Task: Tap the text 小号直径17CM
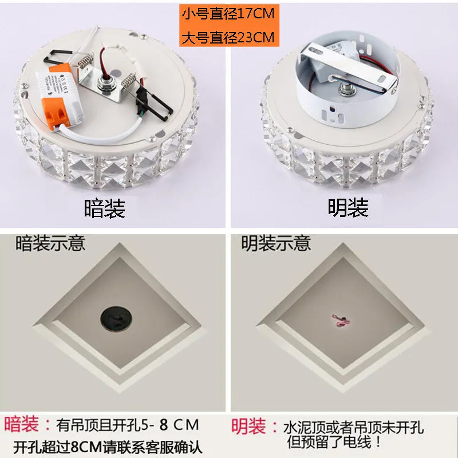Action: [228, 14]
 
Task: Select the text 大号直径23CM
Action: [228, 37]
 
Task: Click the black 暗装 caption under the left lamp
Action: [105, 208]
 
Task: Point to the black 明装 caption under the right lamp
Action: [348, 207]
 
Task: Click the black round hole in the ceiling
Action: [116, 319]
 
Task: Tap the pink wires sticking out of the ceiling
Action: [341, 321]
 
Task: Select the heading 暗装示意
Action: [50, 243]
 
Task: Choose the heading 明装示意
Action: [276, 243]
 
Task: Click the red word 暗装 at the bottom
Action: [22, 424]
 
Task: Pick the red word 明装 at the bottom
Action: [248, 427]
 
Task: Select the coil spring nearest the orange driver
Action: [86, 61]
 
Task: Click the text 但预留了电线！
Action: [334, 441]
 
